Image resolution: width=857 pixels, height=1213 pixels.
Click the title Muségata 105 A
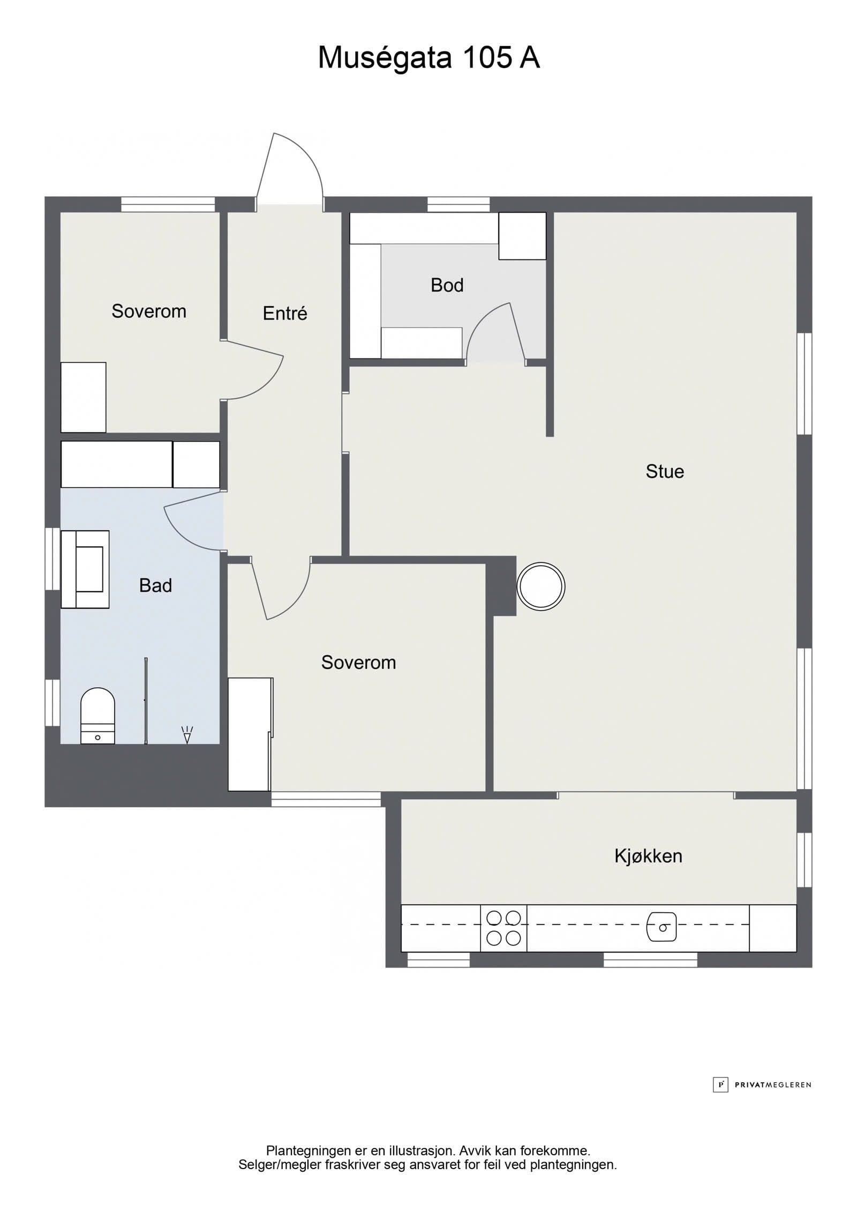428,57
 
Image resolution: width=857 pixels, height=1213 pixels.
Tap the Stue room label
665,472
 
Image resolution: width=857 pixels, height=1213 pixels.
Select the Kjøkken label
648,856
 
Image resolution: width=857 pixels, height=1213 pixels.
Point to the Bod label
447,285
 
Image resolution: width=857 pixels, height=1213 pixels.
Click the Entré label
285,313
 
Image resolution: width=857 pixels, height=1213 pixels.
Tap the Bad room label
155,585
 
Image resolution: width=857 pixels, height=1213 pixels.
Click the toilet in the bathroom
97,716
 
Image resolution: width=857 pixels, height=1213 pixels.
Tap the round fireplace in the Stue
541,586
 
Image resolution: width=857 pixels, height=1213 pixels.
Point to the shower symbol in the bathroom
187,735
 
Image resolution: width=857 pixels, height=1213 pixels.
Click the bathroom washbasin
85,569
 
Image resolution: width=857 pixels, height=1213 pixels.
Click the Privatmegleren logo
762,1085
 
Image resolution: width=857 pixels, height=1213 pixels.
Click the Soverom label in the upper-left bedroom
149,311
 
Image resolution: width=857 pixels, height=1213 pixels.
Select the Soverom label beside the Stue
358,663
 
